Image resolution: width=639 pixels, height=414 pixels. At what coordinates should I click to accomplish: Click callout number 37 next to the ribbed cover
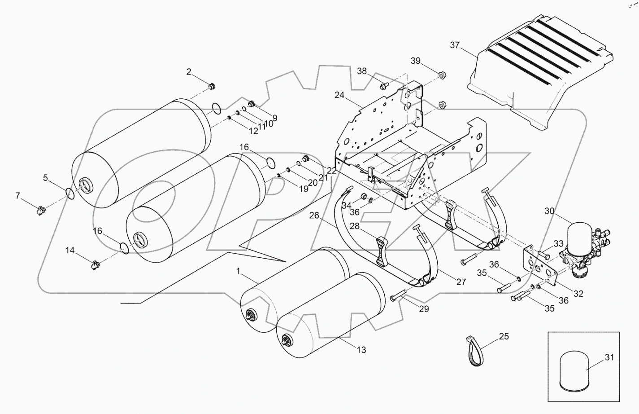click(x=455, y=45)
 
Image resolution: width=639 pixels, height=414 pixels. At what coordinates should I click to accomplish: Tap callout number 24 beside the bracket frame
click(x=339, y=95)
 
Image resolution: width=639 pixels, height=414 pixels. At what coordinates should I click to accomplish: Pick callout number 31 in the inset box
click(x=609, y=357)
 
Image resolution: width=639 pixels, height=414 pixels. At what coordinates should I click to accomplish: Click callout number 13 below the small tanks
click(x=361, y=350)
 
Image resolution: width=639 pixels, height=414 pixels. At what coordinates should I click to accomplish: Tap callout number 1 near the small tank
click(x=239, y=271)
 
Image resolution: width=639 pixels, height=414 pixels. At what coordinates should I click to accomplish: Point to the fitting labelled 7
click(x=40, y=209)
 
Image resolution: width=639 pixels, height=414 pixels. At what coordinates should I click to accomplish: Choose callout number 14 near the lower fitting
click(x=71, y=250)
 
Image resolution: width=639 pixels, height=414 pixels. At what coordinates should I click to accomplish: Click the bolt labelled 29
click(x=397, y=296)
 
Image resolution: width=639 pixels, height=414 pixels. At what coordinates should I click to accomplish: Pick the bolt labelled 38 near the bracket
click(x=384, y=85)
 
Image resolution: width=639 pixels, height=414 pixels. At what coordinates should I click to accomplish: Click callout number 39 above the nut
click(x=416, y=61)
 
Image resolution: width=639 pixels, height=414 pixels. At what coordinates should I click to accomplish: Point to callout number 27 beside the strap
click(x=461, y=282)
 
